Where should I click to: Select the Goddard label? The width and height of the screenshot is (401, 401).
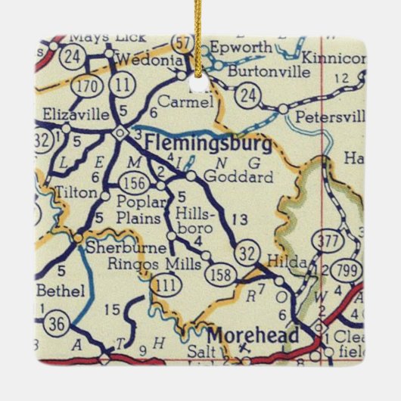coord(227,178)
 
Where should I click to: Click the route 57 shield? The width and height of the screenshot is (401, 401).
coord(182,42)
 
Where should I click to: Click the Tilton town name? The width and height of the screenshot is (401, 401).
coord(77,193)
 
